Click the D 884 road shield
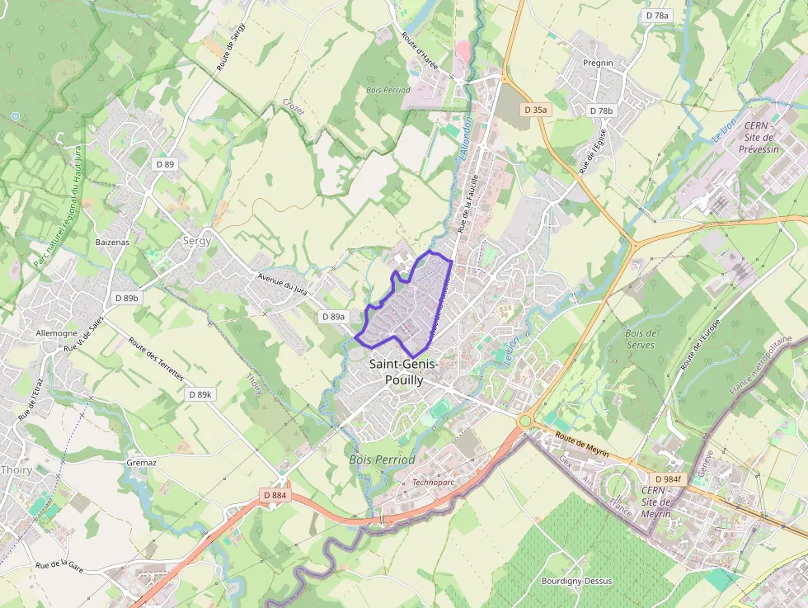tap(275, 495)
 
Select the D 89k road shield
tap(200, 394)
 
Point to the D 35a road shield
tap(536, 110)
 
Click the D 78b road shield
tap(602, 111)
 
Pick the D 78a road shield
tap(658, 16)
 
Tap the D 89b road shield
tap(128, 298)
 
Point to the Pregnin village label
tap(598, 63)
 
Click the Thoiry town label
tap(16, 469)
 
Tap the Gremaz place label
tap(141, 463)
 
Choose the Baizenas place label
tap(112, 242)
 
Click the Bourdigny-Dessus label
tap(576, 581)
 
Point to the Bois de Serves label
tap(641, 338)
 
